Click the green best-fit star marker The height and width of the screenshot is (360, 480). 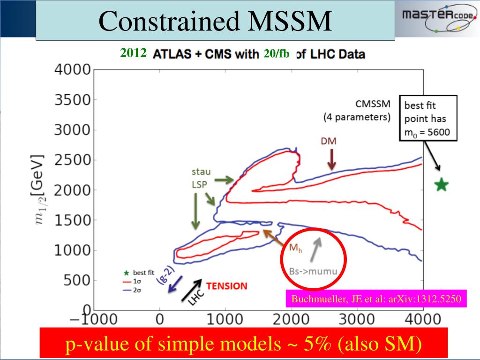(441, 185)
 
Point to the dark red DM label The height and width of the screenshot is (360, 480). (329, 141)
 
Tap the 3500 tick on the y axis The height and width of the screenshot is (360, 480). (73, 100)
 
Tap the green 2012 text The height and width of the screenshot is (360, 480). (134, 53)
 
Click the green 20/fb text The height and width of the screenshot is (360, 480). (277, 53)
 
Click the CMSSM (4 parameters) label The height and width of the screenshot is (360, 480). (357, 111)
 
